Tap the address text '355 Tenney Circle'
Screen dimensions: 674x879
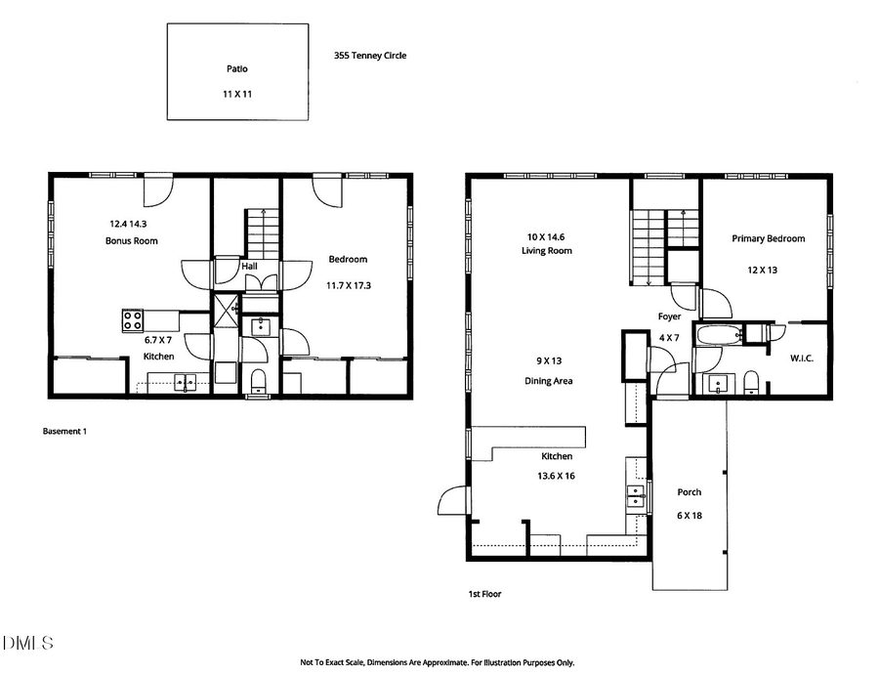(369, 56)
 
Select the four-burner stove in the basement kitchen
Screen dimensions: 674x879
(134, 319)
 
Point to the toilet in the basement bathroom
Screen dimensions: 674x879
(259, 379)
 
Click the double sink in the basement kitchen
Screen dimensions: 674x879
(185, 382)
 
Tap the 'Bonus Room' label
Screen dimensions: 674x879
(132, 240)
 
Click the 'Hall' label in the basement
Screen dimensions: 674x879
(249, 264)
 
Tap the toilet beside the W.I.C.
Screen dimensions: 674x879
(751, 380)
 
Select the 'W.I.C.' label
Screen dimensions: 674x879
(802, 358)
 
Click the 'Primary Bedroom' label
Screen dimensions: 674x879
(769, 238)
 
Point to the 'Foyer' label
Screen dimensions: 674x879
(669, 316)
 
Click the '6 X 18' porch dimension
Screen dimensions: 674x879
(690, 515)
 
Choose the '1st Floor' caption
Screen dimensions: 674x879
(485, 593)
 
